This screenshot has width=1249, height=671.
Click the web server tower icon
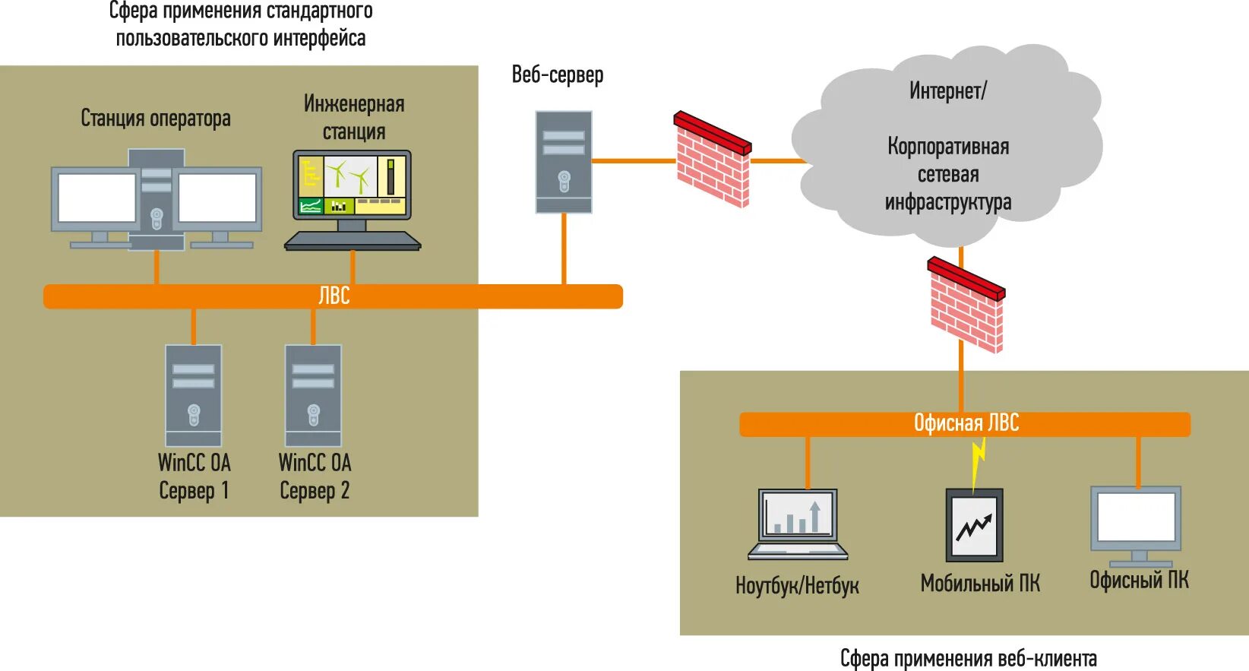564,162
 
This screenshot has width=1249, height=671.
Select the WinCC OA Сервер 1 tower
194,395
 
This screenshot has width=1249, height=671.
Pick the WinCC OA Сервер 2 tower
313,395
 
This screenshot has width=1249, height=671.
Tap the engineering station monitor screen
353,185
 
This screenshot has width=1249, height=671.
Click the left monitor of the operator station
96,198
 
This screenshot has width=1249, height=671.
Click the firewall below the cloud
966,305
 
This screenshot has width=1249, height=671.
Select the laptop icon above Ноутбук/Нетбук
798,524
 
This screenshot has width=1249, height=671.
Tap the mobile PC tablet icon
975,525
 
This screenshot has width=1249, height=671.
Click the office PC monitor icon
1136,525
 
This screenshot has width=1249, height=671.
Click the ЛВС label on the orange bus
334,296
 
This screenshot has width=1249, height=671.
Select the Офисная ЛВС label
966,423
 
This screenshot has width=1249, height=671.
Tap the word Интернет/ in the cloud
948,91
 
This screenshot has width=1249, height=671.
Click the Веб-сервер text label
558,74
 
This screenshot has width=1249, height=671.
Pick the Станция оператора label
156,119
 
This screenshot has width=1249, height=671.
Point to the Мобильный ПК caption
980,584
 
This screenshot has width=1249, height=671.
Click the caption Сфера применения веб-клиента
969,659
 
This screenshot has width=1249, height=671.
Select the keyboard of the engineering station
353,241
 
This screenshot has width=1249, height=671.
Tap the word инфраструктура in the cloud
948,202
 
